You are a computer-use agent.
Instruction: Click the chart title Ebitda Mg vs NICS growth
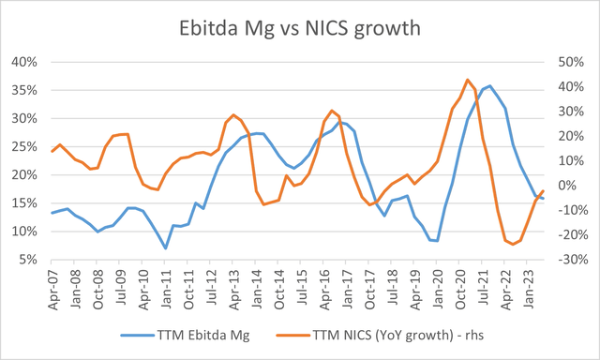point(299,27)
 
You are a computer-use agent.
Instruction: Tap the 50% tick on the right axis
point(574,62)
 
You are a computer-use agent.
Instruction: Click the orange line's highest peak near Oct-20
point(468,80)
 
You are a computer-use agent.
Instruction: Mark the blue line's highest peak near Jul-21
point(489,85)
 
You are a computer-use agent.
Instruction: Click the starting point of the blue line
point(52,213)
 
